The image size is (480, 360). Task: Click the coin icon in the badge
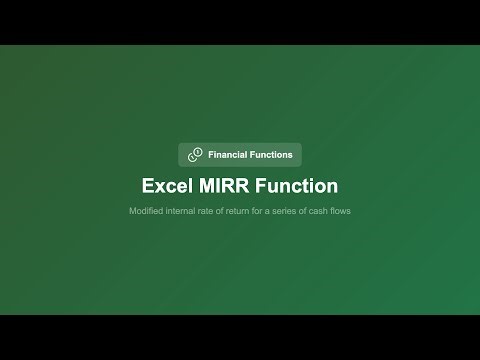pos(195,155)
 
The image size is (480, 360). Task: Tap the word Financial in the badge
pos(228,155)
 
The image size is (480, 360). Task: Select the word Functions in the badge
pos(271,155)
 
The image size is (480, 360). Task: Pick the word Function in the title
pos(297,186)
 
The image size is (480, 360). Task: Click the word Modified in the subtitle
pos(145,211)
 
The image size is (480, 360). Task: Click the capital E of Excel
pos(148,186)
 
